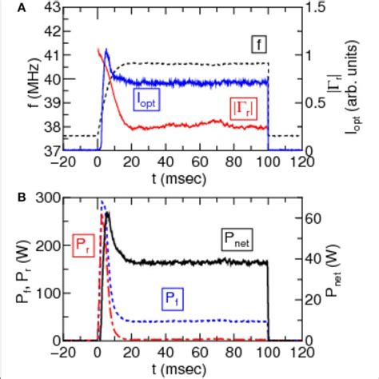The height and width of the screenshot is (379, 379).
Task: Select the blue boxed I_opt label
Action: tap(146, 99)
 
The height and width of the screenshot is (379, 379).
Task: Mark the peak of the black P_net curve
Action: tap(107, 213)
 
